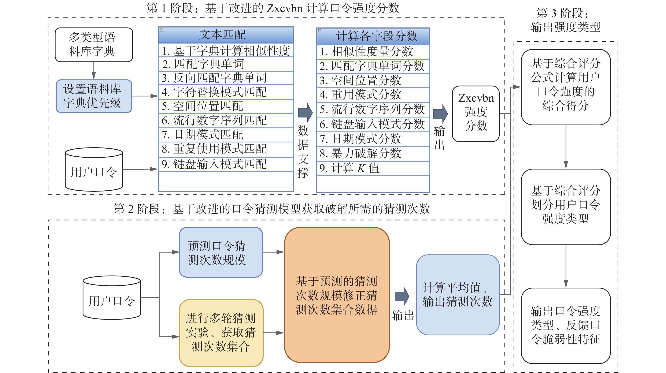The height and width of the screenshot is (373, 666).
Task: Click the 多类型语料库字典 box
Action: pyautogui.click(x=94, y=44)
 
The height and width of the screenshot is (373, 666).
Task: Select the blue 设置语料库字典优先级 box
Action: pyautogui.click(x=94, y=96)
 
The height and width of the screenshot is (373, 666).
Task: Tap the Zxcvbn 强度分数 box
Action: pyautogui.click(x=476, y=114)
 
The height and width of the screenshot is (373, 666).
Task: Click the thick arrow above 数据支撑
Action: pyautogui.click(x=305, y=113)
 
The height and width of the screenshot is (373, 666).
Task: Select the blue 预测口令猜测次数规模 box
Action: pyautogui.click(x=221, y=252)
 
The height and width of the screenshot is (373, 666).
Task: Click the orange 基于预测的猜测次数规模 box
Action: pyautogui.click(x=337, y=295)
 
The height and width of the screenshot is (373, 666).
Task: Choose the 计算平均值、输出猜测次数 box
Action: pyautogui.click(x=457, y=295)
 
